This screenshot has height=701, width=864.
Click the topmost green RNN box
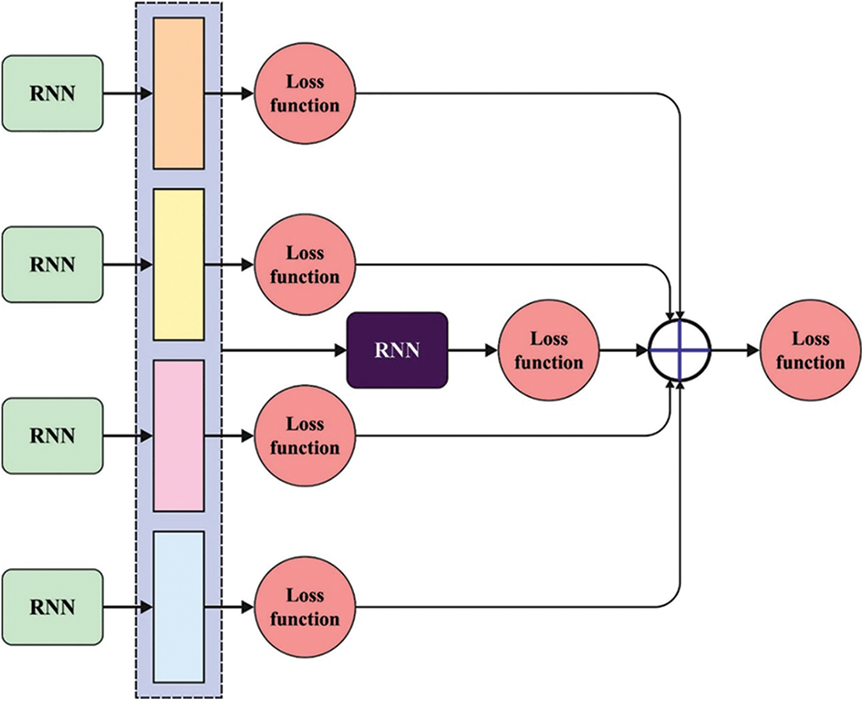click(x=52, y=93)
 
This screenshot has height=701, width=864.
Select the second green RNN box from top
click(x=52, y=264)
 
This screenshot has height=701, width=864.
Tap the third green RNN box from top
click(x=52, y=436)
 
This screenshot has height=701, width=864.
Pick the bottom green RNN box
click(x=52, y=607)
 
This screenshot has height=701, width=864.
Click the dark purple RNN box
click(x=397, y=350)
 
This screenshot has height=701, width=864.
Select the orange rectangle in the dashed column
click(x=178, y=93)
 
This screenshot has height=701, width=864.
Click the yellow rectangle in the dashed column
click(x=178, y=264)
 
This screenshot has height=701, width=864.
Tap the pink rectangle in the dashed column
click(x=178, y=436)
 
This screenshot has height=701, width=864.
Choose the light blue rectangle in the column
click(x=178, y=606)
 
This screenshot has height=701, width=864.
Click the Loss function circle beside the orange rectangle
click(x=305, y=93)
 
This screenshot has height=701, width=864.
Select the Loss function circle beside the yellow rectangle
click(x=305, y=264)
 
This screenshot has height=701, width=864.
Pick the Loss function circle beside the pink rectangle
click(x=305, y=436)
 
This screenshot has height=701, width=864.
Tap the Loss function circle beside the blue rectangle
click(x=305, y=607)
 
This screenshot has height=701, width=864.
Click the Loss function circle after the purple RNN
click(x=548, y=350)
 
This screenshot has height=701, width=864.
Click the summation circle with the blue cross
click(x=680, y=350)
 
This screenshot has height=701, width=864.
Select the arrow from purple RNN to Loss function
click(x=473, y=350)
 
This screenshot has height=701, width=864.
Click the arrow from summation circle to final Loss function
click(x=735, y=350)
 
